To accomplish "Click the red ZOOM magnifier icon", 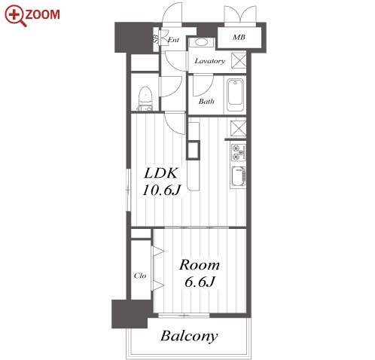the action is click(16, 16).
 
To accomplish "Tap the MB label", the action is click(239, 38).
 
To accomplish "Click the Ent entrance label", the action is click(173, 40).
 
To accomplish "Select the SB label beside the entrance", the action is click(156, 38).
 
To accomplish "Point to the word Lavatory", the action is click(210, 61).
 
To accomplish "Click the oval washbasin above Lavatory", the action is click(201, 42).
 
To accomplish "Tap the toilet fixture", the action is click(145, 99).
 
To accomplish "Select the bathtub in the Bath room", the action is click(235, 95).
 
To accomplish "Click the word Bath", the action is click(206, 102).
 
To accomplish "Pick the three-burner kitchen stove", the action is click(238, 152).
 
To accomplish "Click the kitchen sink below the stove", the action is click(238, 176).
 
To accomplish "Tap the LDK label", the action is click(161, 173).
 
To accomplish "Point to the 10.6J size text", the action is click(161, 190).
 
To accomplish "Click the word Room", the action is click(200, 265).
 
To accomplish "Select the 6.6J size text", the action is click(200, 282).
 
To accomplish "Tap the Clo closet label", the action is click(140, 276).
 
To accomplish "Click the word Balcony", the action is click(189, 336).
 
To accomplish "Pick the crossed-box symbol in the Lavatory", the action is click(239, 60).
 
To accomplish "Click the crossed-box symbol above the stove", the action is click(238, 128).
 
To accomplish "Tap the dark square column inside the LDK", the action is click(193, 150).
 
